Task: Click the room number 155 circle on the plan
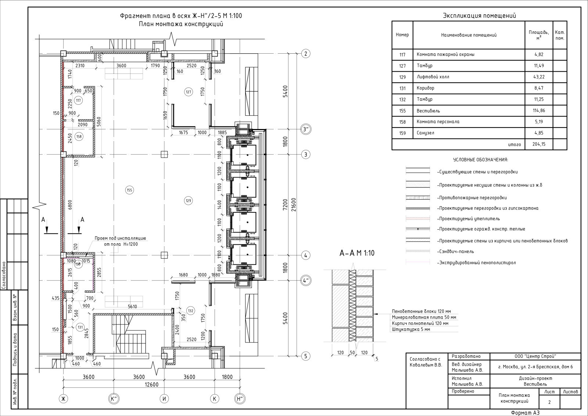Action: [129, 190]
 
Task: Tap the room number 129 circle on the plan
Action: [188, 201]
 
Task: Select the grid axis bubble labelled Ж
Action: [63, 399]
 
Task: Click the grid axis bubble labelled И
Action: [164, 399]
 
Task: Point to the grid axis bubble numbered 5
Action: [305, 356]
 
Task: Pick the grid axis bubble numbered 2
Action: [305, 54]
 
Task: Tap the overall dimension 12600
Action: [152, 384]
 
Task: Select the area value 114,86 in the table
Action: [539, 111]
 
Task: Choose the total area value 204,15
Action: [539, 144]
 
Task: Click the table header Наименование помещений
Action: [469, 35]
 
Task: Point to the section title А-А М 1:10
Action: [357, 253]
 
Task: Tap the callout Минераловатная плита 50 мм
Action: [424, 317]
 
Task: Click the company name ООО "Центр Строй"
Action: [535, 356]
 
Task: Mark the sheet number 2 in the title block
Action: [549, 402]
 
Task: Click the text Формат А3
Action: [525, 413]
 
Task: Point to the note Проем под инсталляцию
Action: [120, 238]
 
